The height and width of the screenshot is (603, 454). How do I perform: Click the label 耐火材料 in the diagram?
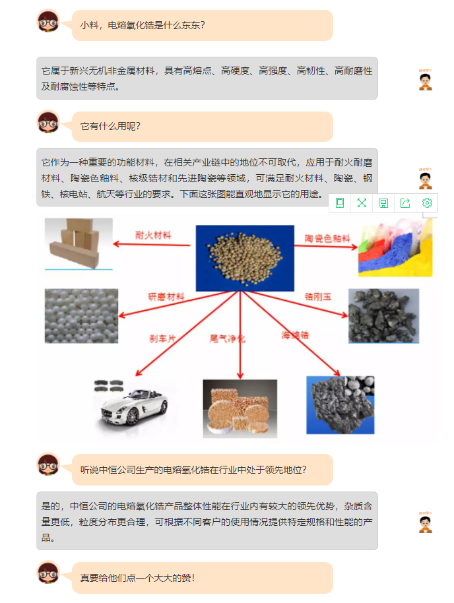click(x=153, y=234)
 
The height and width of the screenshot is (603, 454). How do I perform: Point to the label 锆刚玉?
click(x=318, y=297)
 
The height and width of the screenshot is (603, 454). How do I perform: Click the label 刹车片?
click(x=162, y=338)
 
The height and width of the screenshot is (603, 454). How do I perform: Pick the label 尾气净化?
click(x=227, y=338)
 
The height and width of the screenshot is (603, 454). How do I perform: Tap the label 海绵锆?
click(x=295, y=335)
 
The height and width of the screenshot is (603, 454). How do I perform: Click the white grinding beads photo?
click(x=81, y=315)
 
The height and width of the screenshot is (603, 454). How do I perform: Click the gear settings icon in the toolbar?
click(x=427, y=203)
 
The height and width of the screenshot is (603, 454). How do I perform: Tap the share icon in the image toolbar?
click(x=405, y=203)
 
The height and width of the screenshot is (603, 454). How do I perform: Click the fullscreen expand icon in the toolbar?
click(x=362, y=203)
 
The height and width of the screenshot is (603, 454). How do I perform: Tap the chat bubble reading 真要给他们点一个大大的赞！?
click(x=202, y=577)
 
